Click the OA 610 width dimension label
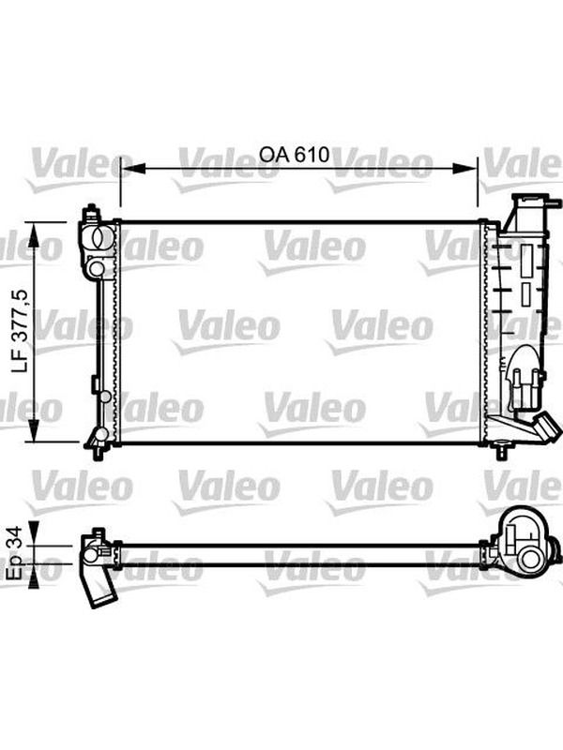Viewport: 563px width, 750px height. (x=294, y=155)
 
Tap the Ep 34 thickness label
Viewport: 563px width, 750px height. (x=16, y=554)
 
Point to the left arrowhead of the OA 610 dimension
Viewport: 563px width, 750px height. (x=132, y=168)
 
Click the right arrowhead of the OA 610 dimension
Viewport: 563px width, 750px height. (x=465, y=168)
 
